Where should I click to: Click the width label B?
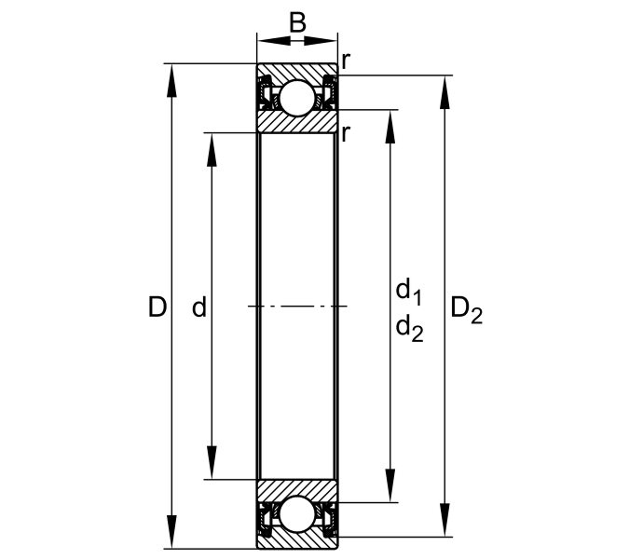pyautogui.click(x=297, y=23)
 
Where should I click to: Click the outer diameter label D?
pyautogui.click(x=157, y=307)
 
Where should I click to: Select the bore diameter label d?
pyautogui.click(x=199, y=307)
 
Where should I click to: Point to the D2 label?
pyautogui.click(x=467, y=311)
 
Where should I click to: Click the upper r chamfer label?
pyautogui.click(x=346, y=61)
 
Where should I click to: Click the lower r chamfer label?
pyautogui.click(x=346, y=133)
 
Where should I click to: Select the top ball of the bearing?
pyautogui.click(x=297, y=98)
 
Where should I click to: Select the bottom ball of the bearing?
pyautogui.click(x=297, y=514)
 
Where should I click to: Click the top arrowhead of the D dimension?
pyautogui.click(x=171, y=80)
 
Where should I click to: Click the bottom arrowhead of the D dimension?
pyautogui.click(x=171, y=532)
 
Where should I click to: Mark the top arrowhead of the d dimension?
pyautogui.click(x=212, y=149)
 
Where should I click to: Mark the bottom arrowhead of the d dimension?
pyautogui.click(x=212, y=463)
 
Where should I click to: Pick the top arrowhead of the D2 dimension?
pyautogui.click(x=444, y=92)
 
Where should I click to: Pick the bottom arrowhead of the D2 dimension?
pyautogui.click(x=444, y=520)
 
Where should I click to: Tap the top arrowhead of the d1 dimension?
pyautogui.click(x=390, y=127)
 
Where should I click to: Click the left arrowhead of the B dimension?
pyautogui.click(x=274, y=40)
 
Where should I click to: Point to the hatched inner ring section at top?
pyautogui.click(x=297, y=121)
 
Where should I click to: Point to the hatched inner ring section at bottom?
pyautogui.click(x=297, y=491)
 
